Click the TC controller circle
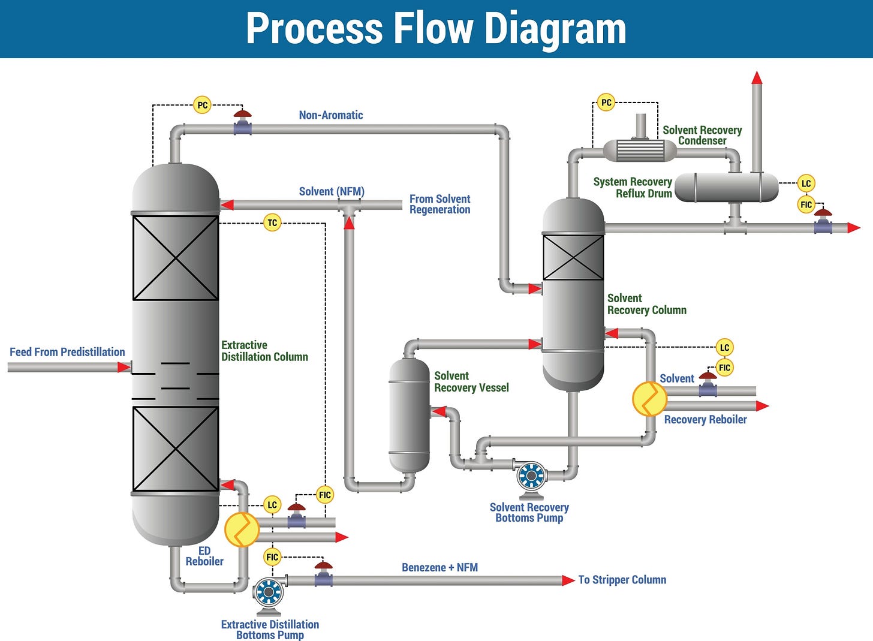pos(272,223)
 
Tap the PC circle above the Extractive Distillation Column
pos(203,105)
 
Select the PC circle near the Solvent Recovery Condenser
pos(606,103)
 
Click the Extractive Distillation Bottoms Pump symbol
pos(268,593)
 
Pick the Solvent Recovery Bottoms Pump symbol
pos(531,477)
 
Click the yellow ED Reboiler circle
pos(242,529)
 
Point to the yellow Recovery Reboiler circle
pos(649,399)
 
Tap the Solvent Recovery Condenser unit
pos(640,150)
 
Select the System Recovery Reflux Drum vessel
pos(726,188)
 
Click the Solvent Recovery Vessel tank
pos(410,415)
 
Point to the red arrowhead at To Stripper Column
pos(568,580)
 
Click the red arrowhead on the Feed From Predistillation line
pos(124,367)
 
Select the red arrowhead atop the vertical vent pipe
pos(757,78)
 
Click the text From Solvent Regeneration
pos(439,204)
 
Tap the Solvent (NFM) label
pos(332,191)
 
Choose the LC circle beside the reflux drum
pos(806,183)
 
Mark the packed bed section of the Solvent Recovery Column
pos(573,257)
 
